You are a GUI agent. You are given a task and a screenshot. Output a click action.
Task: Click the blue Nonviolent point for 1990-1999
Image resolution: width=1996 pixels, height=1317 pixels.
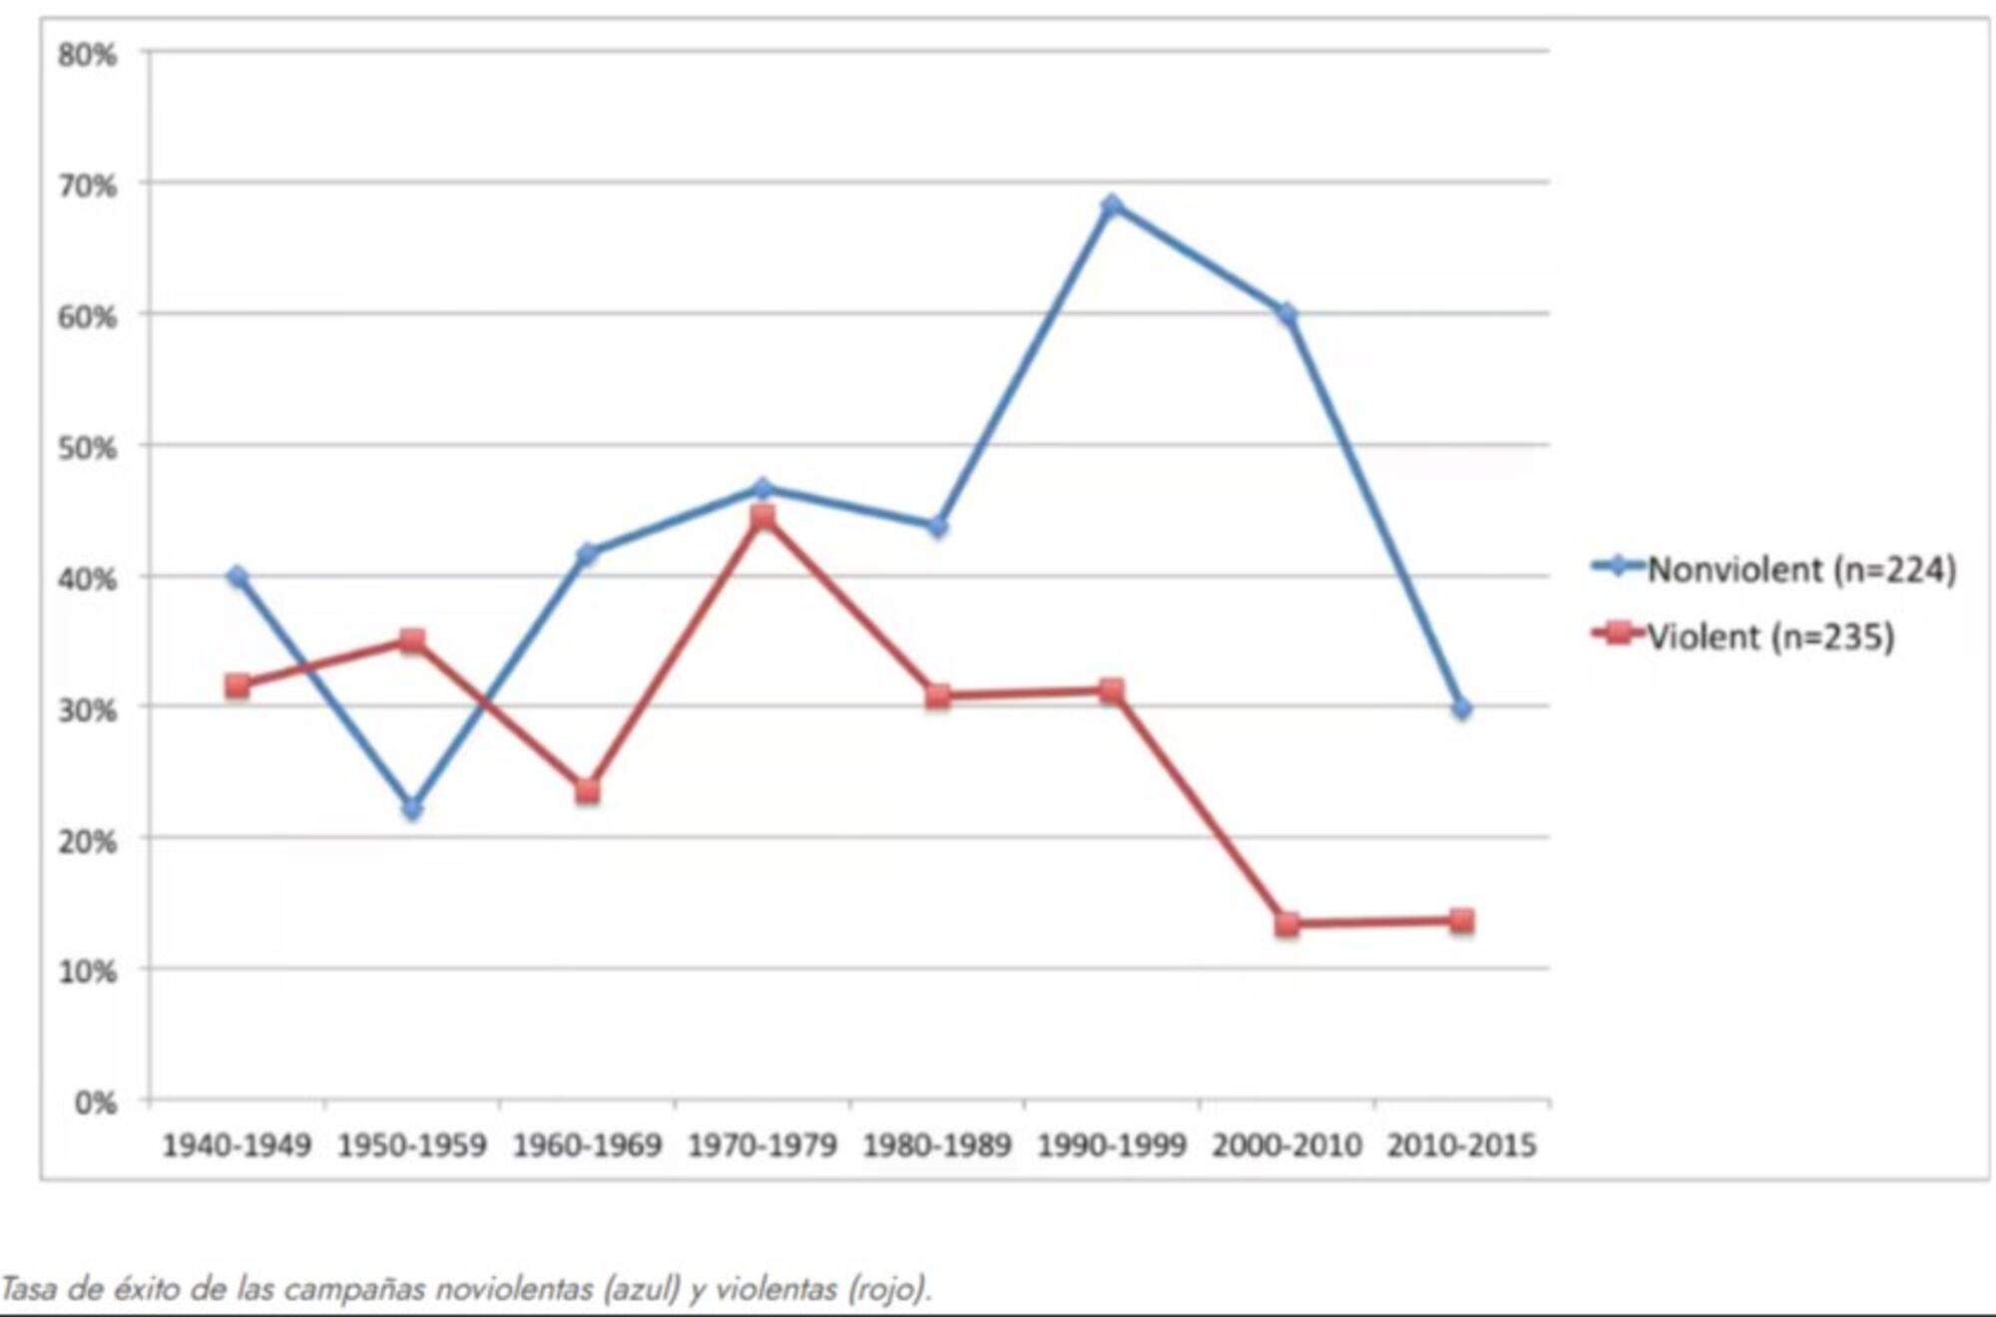click(1112, 206)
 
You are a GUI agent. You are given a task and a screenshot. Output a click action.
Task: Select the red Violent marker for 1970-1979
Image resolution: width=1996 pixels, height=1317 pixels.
click(762, 517)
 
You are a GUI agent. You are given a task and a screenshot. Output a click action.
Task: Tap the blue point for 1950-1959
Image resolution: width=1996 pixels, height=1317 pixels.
click(412, 808)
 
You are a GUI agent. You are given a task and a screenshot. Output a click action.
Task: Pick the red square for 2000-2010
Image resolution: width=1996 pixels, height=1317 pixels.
click(1287, 924)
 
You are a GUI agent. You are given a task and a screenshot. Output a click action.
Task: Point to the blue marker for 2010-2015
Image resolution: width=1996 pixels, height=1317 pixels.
click(1462, 709)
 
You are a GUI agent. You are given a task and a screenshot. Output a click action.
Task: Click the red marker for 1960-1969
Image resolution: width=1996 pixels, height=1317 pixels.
click(587, 791)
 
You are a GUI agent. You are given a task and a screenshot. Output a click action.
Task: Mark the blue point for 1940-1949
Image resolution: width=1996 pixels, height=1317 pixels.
click(238, 577)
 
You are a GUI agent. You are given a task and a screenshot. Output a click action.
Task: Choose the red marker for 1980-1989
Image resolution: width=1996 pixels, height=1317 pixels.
click(937, 696)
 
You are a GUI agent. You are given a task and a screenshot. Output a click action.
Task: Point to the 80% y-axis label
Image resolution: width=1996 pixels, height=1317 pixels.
click(87, 55)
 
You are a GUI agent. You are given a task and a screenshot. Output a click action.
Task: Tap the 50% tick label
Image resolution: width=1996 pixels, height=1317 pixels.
click(87, 448)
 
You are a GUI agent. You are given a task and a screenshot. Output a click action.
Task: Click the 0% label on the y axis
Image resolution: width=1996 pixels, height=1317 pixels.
click(95, 1102)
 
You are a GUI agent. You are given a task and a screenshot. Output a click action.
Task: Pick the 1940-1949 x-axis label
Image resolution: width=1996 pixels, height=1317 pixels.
click(237, 1145)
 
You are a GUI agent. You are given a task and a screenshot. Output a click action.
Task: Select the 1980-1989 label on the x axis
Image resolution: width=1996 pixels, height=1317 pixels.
click(937, 1145)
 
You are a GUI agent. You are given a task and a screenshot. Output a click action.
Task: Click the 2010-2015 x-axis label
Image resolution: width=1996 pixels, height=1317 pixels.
click(1461, 1145)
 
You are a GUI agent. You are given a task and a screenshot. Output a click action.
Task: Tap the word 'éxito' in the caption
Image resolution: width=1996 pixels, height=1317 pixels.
click(148, 1289)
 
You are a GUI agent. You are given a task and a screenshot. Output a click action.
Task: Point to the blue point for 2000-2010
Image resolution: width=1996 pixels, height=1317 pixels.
click(1287, 315)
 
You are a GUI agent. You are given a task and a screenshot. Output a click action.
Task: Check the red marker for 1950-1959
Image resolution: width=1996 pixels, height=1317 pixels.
click(412, 641)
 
